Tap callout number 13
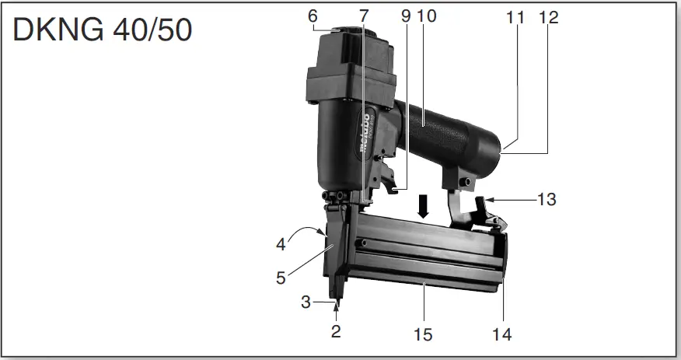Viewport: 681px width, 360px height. point(547,200)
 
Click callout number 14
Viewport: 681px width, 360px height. point(502,335)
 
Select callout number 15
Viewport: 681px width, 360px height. point(423,335)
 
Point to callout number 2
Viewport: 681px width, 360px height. point(336,332)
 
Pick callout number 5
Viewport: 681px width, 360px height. point(281,278)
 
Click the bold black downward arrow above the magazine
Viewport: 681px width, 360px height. point(423,207)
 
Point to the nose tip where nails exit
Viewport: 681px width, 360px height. point(336,299)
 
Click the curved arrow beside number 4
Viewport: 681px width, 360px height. point(307,231)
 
